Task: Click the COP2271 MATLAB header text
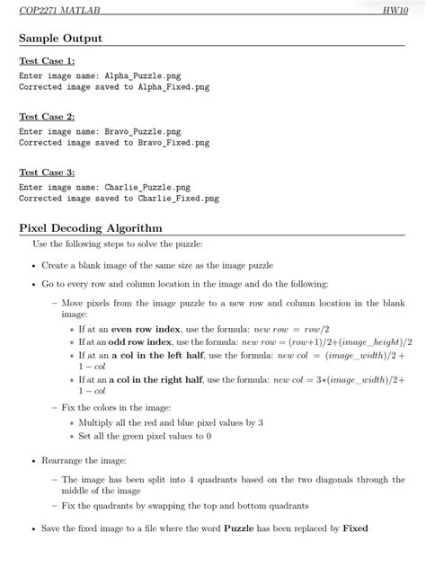59,11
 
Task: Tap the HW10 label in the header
395,11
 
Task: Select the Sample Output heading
60,39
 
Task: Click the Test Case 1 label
47,61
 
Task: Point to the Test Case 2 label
47,117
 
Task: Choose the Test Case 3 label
47,173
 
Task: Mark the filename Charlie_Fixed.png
176,199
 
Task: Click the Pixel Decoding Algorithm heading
91,228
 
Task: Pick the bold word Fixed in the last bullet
355,528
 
